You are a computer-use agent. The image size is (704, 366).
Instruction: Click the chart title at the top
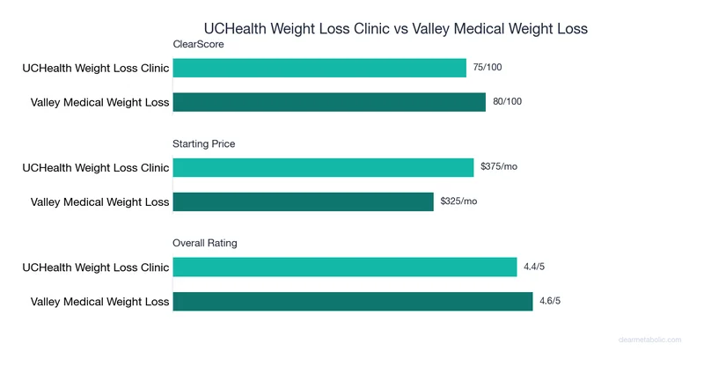click(395, 29)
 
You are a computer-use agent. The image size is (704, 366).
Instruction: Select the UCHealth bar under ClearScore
click(319, 68)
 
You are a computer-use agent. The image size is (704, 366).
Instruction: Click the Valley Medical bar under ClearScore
click(329, 102)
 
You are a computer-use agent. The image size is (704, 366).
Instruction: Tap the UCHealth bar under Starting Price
click(323, 167)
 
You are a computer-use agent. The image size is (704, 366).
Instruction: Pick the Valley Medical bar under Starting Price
click(304, 201)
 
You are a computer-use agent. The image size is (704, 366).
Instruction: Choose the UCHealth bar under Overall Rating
click(345, 267)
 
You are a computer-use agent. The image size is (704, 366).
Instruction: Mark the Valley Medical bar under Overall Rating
click(353, 301)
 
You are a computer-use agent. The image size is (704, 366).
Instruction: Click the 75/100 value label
click(488, 68)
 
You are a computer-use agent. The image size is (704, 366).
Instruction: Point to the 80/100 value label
click(507, 102)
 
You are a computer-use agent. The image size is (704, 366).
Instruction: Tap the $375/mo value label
click(499, 167)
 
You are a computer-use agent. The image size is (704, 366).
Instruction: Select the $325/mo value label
click(458, 201)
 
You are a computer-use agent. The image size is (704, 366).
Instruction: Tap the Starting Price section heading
click(204, 143)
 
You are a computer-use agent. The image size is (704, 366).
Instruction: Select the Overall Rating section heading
click(205, 243)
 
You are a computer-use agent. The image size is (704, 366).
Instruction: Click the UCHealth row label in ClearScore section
click(96, 68)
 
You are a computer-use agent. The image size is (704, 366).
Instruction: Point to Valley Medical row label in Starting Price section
click(99, 201)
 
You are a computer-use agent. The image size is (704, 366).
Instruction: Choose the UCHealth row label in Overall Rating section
click(96, 267)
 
